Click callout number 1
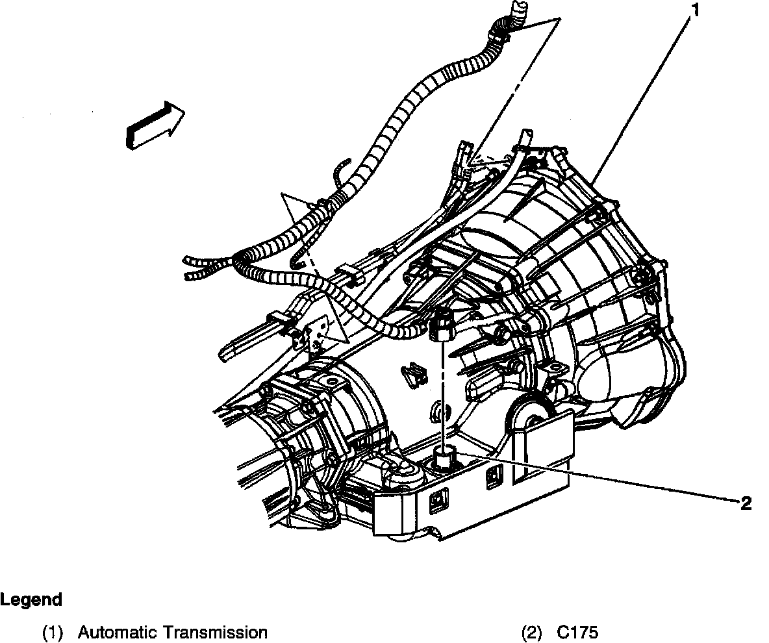point(695,10)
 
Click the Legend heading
point(31,599)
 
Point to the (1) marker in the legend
point(53,632)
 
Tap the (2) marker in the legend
point(532,632)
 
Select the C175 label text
point(577,632)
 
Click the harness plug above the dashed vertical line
point(440,325)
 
